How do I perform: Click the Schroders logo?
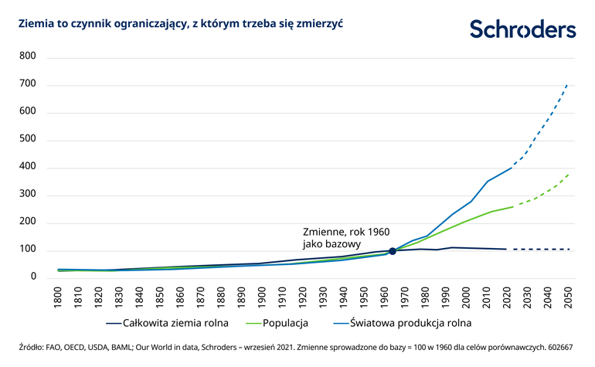[523, 30]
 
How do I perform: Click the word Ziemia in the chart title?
[25, 24]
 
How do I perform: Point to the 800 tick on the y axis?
[27, 56]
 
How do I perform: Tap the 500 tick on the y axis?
[27, 140]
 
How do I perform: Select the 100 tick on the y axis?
[27, 250]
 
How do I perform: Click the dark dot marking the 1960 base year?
[392, 251]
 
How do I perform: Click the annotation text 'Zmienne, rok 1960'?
[345, 232]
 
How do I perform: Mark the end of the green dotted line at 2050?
[569, 175]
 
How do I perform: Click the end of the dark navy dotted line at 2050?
[569, 249]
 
